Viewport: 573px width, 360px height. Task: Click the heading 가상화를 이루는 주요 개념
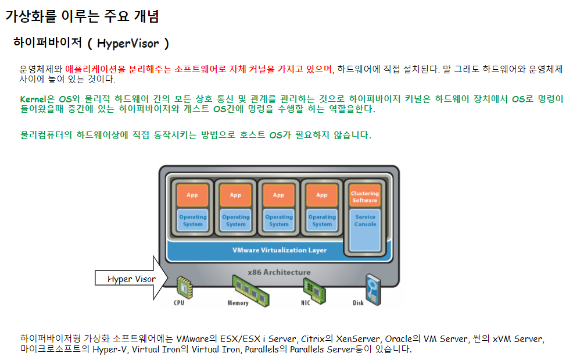(x=82, y=16)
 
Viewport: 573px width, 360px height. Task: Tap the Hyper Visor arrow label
(x=131, y=279)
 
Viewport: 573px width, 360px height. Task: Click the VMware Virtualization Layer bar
(x=280, y=250)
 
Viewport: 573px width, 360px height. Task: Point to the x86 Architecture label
(x=279, y=272)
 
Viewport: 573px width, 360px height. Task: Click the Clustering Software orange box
(x=364, y=197)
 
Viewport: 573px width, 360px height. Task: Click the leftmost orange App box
(x=192, y=195)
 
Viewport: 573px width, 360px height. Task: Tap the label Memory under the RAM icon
(x=238, y=303)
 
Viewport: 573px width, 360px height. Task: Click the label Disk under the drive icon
(x=359, y=303)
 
